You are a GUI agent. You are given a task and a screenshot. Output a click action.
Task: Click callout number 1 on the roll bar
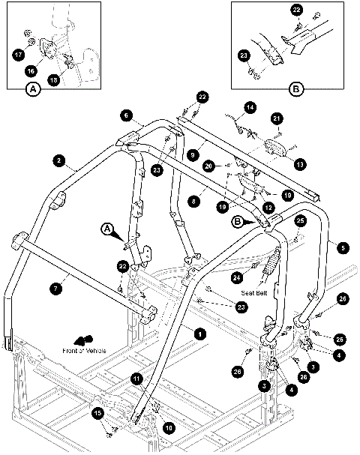[199, 332]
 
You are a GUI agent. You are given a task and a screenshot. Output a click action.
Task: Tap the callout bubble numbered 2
[57, 160]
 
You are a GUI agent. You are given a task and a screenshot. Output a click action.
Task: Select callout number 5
[343, 246]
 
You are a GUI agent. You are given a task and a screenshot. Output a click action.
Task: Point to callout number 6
[125, 115]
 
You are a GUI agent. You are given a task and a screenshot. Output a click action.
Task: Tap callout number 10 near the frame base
[167, 428]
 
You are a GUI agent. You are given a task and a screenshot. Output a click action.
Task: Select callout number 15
[97, 413]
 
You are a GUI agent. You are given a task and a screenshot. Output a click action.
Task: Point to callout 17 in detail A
[18, 54]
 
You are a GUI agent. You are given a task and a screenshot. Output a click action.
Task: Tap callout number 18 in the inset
[53, 80]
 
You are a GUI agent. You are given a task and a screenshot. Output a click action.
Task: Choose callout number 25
[300, 221]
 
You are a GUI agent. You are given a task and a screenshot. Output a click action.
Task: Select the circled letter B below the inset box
[295, 88]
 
